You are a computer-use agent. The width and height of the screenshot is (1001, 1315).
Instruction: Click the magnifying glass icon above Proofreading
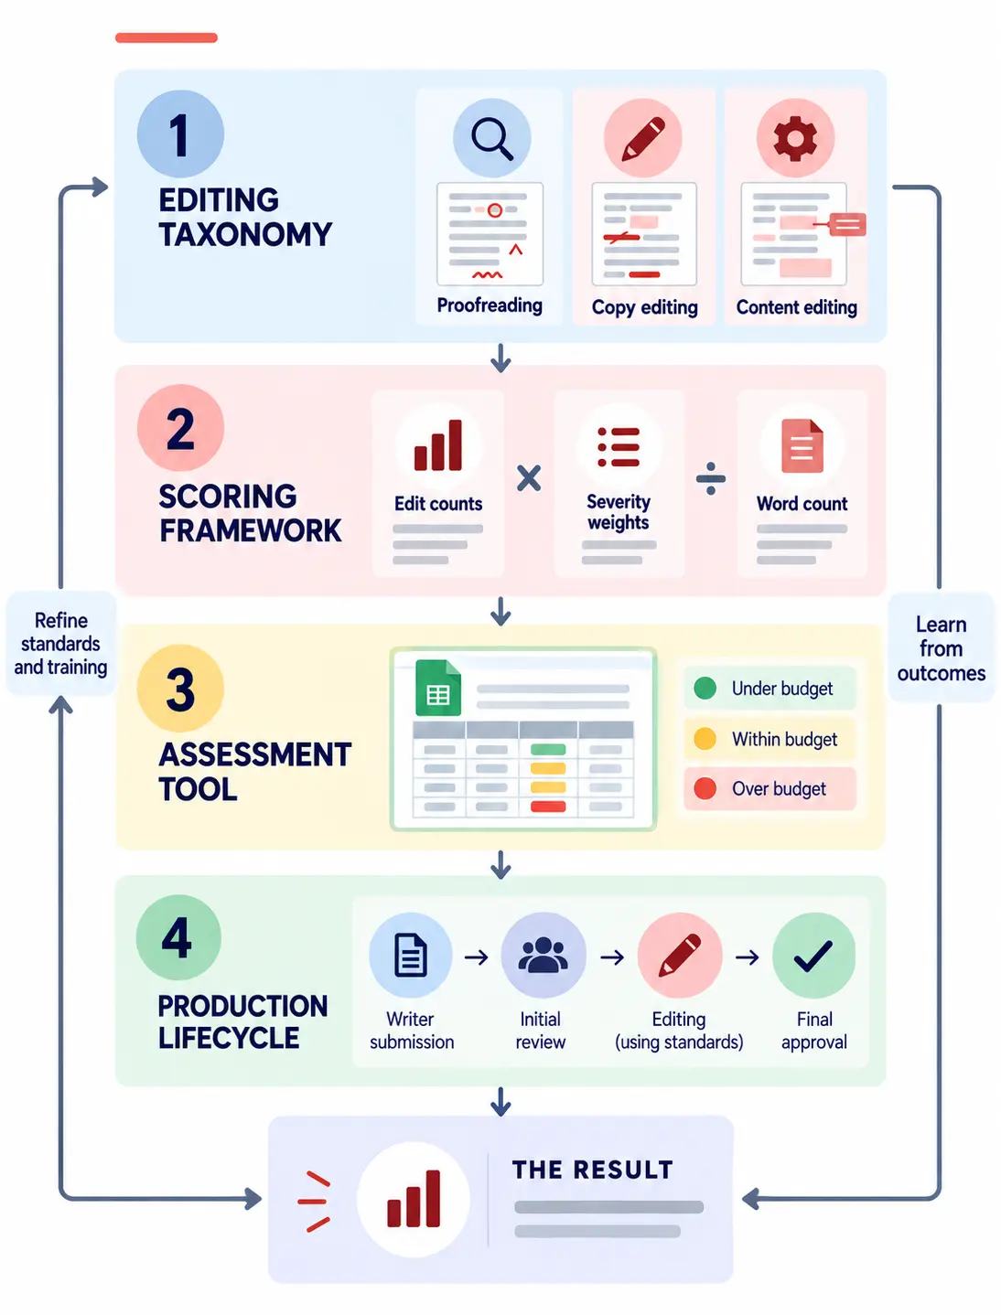coord(491,138)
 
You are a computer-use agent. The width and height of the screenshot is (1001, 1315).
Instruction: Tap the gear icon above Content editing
coord(795,138)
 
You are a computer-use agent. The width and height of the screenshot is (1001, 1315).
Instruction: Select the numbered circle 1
coord(180,134)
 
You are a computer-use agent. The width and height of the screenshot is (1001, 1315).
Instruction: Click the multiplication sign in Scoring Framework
coord(529,478)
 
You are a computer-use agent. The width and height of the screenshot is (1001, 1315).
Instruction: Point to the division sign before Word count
coord(711,478)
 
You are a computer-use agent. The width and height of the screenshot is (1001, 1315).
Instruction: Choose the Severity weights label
coord(619,511)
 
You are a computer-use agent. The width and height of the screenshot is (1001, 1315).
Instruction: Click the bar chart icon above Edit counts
coord(438,444)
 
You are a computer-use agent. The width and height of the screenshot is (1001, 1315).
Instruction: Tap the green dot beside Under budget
coord(705,688)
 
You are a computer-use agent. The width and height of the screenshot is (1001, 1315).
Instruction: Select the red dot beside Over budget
coord(705,788)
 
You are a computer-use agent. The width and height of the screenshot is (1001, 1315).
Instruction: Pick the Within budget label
coord(784,739)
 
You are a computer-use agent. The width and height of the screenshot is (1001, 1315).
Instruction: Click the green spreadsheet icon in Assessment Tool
coord(438,687)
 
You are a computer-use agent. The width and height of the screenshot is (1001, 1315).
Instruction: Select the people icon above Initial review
coord(543,955)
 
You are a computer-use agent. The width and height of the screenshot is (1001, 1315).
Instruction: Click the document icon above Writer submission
coord(411,955)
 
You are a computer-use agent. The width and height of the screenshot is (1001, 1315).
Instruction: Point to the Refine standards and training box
coord(60,644)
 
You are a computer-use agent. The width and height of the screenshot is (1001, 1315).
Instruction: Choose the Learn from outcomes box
coord(941,647)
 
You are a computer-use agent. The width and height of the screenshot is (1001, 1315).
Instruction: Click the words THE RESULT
coord(593,1170)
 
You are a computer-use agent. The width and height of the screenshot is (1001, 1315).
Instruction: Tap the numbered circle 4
coord(178,937)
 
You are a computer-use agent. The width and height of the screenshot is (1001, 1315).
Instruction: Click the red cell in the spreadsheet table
coord(548,807)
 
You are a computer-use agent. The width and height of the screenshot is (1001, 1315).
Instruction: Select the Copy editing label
coord(644,307)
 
